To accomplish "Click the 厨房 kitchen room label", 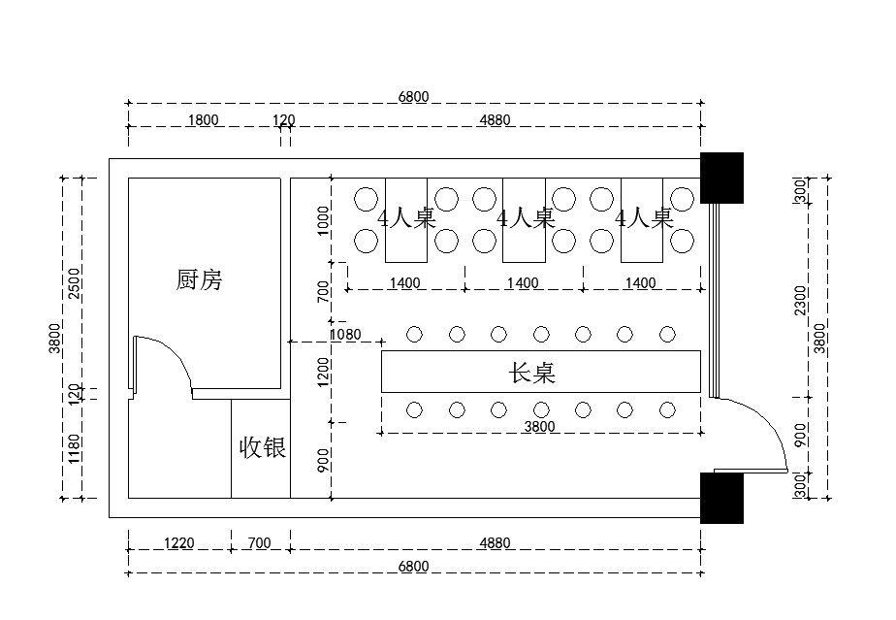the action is coord(201,280).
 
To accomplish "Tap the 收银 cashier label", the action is coord(262,447).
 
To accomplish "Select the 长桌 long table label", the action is coord(532,373).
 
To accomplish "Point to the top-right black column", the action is coord(721,177).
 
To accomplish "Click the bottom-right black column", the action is coord(721,498).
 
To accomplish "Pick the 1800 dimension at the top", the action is coord(203,120).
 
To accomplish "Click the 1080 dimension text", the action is coord(345,335).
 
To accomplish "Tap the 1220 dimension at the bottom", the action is coord(179,543).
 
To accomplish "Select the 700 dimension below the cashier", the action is coord(259,543).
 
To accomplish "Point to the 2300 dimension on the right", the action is coord(800,300).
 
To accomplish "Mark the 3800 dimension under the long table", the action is coord(539,426).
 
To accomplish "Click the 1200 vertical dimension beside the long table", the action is coord(324,372).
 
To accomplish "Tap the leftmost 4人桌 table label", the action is coord(406,218).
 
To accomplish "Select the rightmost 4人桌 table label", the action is coord(644,218).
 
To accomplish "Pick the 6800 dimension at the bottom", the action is coord(413,567).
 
